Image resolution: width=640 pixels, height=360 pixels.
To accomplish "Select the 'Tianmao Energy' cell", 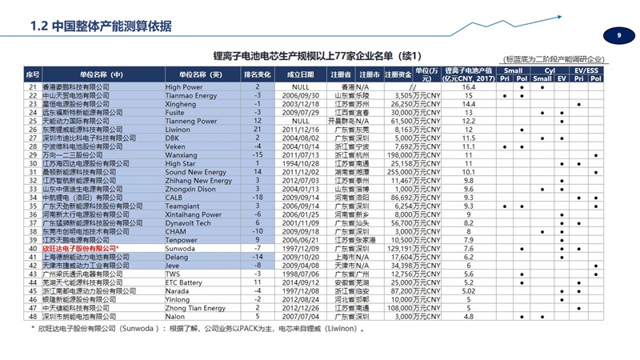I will tap(190, 94).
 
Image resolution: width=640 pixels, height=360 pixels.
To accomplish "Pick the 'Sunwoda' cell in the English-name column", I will tap(181, 248).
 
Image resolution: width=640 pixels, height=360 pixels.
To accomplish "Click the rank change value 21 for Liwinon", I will tap(258, 128).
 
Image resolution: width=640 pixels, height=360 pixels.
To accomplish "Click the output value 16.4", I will tap(469, 86).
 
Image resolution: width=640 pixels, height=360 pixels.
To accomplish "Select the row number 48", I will tap(33, 316).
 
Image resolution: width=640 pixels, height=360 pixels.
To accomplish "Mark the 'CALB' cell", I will tap(175, 197).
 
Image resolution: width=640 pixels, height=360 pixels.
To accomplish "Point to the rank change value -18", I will tap(258, 197).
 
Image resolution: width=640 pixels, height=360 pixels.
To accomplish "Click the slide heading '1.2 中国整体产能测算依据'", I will tap(100, 26).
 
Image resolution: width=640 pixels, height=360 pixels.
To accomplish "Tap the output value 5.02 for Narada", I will tap(469, 290).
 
